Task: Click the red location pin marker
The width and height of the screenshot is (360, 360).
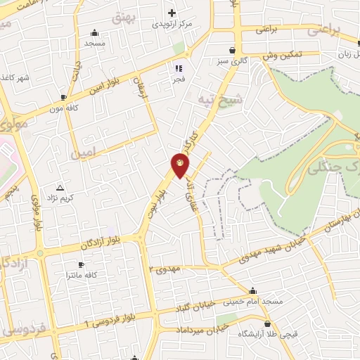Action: point(180,166)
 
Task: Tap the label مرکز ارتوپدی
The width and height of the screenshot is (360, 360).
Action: point(172,24)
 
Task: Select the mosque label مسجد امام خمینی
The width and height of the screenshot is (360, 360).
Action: point(253,301)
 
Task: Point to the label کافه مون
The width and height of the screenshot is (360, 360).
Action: point(64,109)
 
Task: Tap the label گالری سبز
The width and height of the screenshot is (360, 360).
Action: point(232,61)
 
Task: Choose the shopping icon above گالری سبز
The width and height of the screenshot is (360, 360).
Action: point(232,51)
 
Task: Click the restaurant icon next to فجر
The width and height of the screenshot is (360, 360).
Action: point(178,68)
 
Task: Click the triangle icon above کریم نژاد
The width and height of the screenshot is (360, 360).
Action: point(60,188)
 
